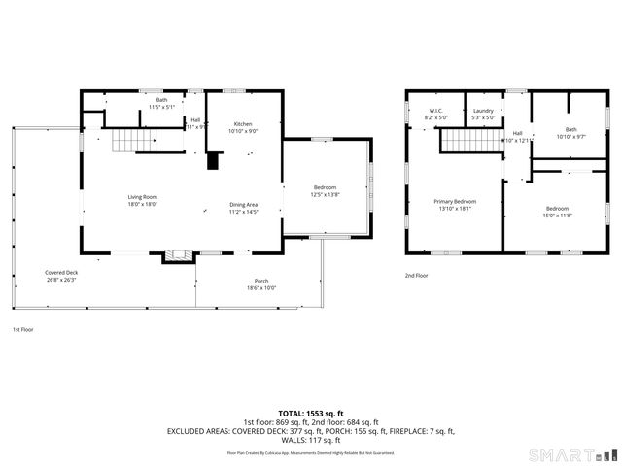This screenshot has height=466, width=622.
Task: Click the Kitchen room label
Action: (243, 124)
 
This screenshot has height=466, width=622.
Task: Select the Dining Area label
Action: (243, 204)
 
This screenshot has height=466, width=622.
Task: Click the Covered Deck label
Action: (61, 273)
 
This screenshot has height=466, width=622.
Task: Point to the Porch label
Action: (261, 282)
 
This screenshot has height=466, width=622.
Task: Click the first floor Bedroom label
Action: (325, 187)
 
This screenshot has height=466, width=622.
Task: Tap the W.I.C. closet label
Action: (436, 110)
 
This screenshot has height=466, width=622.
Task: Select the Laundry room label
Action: (483, 110)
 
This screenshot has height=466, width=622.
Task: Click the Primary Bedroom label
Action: (454, 201)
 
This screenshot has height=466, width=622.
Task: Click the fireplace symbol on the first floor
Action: (176, 256)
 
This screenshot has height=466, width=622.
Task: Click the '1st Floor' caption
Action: (22, 329)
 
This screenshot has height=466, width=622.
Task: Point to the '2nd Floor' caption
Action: (416, 275)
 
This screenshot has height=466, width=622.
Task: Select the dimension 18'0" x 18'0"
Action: (142, 205)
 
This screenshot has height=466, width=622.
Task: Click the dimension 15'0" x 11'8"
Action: (557, 216)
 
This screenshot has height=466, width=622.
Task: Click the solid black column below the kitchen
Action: (213, 160)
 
